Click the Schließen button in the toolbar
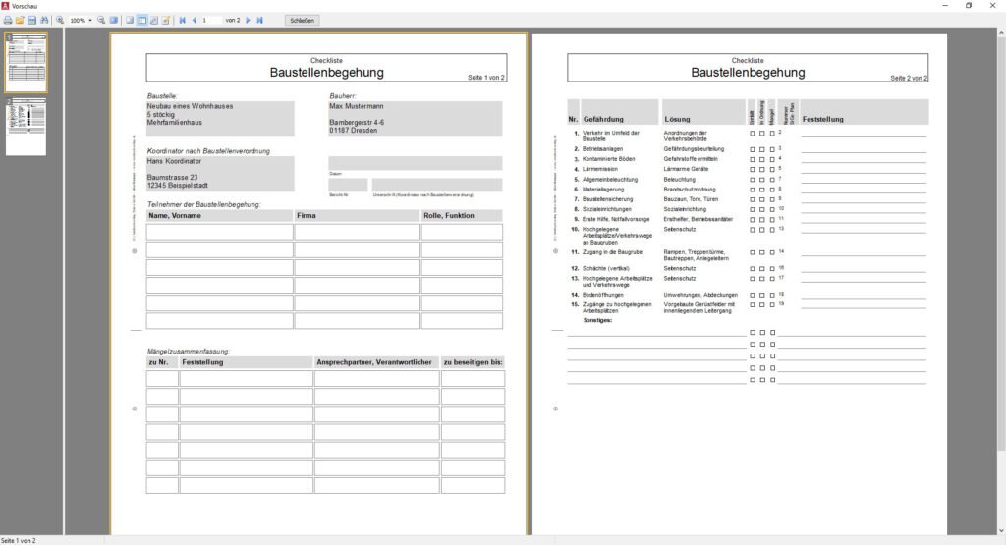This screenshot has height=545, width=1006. click(303, 20)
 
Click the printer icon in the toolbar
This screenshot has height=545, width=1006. click(8, 20)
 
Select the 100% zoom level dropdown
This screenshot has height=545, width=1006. click(81, 20)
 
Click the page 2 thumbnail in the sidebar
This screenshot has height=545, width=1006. click(26, 126)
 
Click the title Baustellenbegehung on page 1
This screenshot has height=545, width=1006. click(326, 73)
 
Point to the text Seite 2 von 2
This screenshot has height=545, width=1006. click(909, 78)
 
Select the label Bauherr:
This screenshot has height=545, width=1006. click(343, 95)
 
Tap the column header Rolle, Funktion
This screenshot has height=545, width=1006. click(448, 215)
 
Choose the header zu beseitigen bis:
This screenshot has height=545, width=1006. click(473, 362)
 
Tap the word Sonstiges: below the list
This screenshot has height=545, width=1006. click(597, 320)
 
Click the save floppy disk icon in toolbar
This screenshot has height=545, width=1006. click(31, 20)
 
